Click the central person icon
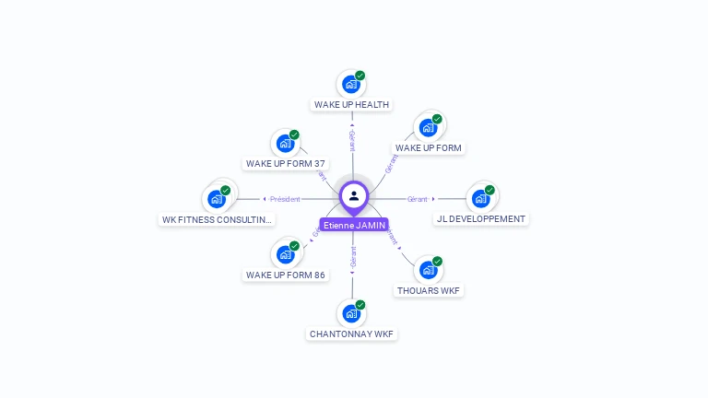(x=354, y=195)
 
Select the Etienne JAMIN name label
(x=354, y=225)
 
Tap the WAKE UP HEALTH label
(x=351, y=105)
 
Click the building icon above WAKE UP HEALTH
(x=350, y=85)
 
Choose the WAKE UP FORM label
(x=428, y=148)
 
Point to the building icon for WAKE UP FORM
(x=428, y=128)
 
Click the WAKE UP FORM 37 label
(x=286, y=164)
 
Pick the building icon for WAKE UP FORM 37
(x=285, y=144)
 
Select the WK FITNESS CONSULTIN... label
(x=218, y=219)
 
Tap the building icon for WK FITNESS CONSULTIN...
(x=217, y=199)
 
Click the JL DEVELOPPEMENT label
(x=481, y=219)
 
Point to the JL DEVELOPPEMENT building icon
(x=480, y=199)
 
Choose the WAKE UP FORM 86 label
(x=286, y=275)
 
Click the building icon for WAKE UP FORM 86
(x=285, y=254)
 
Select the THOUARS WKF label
(x=428, y=291)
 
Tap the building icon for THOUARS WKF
(x=428, y=270)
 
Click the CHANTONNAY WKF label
(x=351, y=334)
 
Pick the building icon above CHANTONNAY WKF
(x=350, y=314)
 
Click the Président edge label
(x=285, y=199)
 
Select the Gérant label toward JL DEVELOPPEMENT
(x=418, y=199)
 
